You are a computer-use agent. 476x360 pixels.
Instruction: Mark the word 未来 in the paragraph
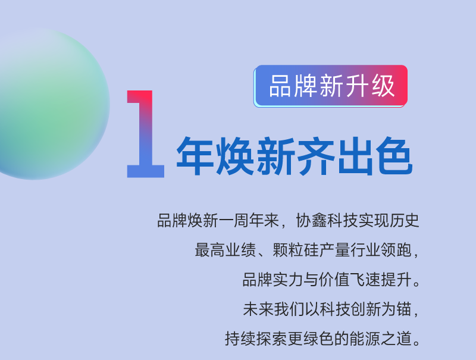[x=257, y=309]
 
